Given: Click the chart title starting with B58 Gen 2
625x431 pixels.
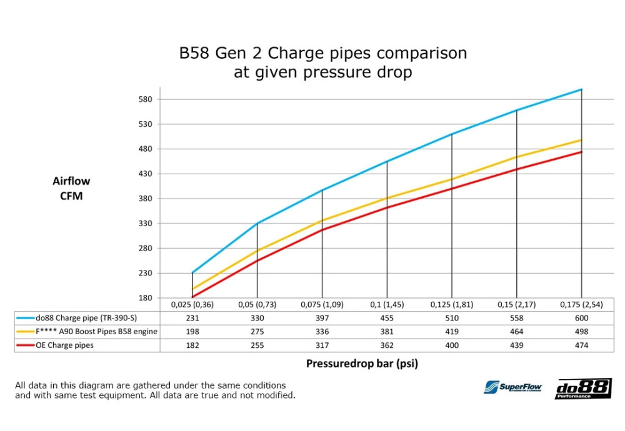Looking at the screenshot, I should (x=322, y=62).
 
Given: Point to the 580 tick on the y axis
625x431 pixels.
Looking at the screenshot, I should (x=145, y=99).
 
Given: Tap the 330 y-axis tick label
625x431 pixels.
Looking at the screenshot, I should (x=145, y=223).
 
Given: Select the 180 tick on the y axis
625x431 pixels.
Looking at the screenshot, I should (x=145, y=297).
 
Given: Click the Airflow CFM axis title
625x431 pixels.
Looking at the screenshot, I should (x=71, y=188).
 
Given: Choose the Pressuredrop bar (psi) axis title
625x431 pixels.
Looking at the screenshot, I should (x=362, y=364).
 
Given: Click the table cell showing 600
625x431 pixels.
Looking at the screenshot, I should (x=581, y=318).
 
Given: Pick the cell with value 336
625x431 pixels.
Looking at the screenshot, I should (x=322, y=332).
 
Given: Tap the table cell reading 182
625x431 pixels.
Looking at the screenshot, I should (x=192, y=345).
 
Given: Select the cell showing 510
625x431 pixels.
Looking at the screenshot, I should (x=451, y=318).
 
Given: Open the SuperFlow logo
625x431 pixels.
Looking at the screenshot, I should (x=512, y=388).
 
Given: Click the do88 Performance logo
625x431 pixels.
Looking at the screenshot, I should (x=583, y=389).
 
